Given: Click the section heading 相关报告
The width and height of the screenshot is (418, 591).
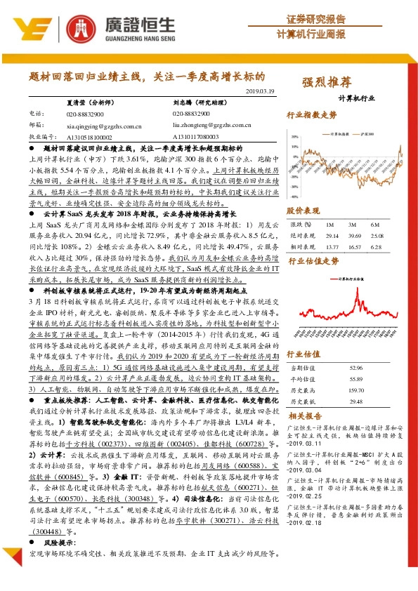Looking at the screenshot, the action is coord(305,416).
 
